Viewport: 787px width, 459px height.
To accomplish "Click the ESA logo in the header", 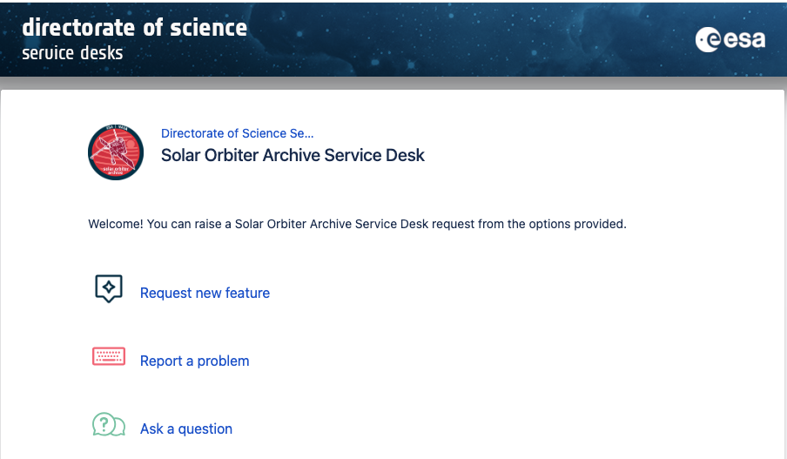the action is [x=730, y=40].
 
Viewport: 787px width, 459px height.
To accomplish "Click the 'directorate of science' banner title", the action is [x=135, y=28].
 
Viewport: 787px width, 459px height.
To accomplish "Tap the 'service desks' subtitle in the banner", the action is [x=72, y=53].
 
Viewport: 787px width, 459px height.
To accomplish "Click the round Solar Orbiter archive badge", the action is [x=116, y=152].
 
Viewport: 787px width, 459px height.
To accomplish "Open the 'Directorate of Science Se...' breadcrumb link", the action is [x=237, y=133].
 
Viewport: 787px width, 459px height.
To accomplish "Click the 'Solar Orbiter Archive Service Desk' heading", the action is [x=293, y=155].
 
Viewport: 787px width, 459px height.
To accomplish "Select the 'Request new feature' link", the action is [x=205, y=293].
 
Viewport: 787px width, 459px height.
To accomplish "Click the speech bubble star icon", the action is [x=109, y=288].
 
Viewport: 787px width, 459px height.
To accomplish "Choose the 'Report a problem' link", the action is [x=195, y=361].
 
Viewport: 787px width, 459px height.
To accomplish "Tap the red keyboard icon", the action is [x=109, y=356].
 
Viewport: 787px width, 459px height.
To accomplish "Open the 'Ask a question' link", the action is [x=186, y=429].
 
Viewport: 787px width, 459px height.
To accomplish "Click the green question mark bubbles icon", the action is [x=109, y=425].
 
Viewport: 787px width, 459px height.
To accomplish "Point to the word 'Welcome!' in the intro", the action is [x=116, y=224].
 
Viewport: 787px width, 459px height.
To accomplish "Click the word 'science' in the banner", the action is [x=208, y=28].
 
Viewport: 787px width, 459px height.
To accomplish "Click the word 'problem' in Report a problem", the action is [x=223, y=361].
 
